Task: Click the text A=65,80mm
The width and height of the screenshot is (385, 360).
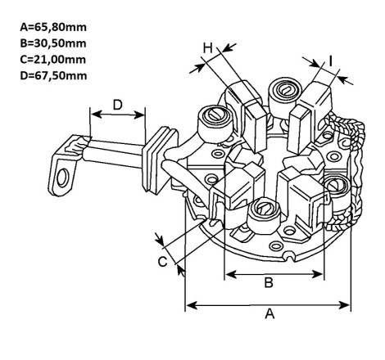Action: click(x=53, y=27)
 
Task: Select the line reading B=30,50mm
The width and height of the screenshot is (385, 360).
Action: click(x=53, y=43)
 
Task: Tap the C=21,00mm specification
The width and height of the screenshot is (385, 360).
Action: click(x=53, y=60)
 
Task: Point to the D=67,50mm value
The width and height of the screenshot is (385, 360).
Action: click(x=53, y=75)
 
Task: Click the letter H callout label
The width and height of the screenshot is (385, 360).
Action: click(x=208, y=48)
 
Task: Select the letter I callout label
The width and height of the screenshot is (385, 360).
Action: click(x=330, y=61)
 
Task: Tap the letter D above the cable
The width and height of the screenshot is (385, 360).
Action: click(x=118, y=105)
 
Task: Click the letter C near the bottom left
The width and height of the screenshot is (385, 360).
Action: click(x=162, y=262)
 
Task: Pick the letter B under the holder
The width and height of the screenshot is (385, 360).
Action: click(x=269, y=282)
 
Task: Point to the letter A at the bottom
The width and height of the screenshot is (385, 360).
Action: click(x=269, y=313)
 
